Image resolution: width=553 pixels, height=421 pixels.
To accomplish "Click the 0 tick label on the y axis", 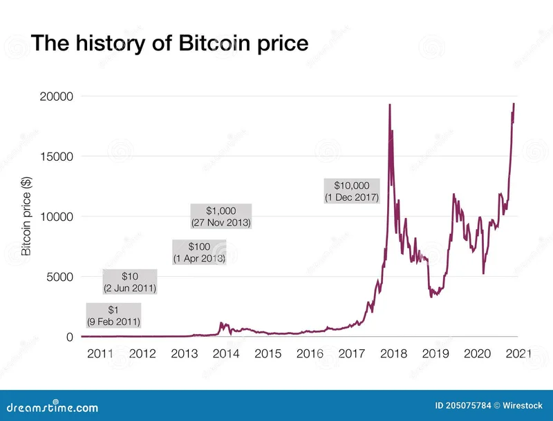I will [70, 337].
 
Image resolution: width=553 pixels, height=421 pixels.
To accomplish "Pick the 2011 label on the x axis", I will [100, 353].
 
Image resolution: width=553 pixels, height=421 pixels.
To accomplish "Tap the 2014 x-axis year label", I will [226, 353].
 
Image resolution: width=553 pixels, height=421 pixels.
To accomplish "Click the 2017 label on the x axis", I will [351, 353].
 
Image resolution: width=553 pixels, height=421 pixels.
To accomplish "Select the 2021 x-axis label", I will [518, 353].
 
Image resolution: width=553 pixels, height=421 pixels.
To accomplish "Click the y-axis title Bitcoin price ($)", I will [27, 215].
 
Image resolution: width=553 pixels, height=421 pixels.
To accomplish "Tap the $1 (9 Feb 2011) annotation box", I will [113, 315].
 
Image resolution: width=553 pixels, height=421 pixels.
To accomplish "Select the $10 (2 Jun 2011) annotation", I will [129, 282].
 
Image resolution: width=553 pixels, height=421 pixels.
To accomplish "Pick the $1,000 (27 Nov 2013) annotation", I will [221, 216].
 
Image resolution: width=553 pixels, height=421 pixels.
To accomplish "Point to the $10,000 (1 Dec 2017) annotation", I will [352, 191].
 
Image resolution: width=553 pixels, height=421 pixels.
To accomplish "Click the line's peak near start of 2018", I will [390, 105].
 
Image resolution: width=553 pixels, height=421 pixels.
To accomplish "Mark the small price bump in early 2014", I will [221, 323].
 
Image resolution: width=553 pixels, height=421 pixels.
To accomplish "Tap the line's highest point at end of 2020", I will [514, 104].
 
